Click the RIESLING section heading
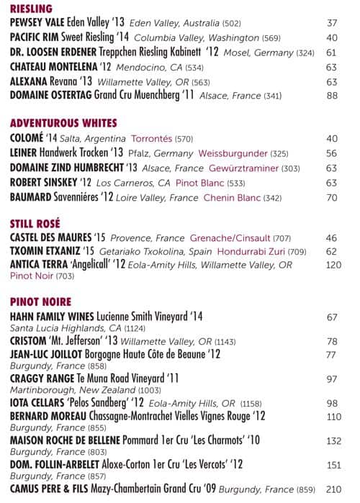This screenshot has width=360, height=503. point(32,9)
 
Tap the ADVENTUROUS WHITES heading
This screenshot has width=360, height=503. point(63,123)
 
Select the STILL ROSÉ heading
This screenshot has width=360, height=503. point(35,223)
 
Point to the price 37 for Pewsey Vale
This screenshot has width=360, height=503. point(332,23)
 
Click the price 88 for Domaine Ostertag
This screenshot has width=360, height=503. point(332,95)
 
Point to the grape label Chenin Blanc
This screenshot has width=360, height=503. point(222,197)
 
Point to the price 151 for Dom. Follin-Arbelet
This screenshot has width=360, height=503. point(333,465)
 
